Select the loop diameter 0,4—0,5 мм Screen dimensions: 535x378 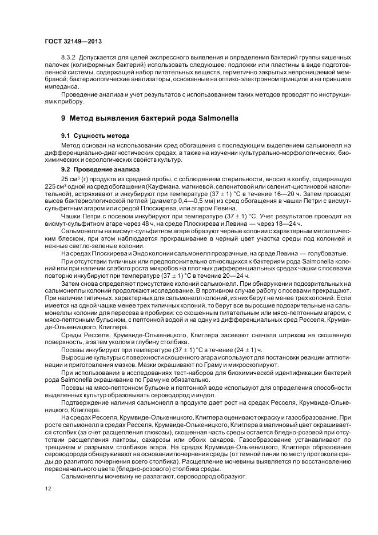pyautogui.click(x=177, y=202)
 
